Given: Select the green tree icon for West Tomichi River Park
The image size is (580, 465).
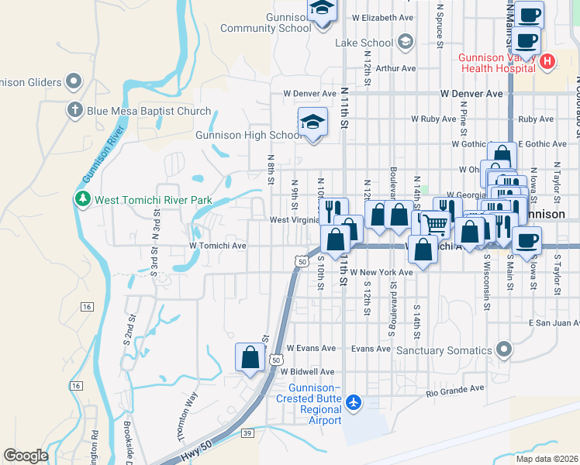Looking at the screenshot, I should [83, 199].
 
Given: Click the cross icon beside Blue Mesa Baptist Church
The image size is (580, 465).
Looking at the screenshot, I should [74, 111].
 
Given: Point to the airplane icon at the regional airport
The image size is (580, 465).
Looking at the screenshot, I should [354, 402].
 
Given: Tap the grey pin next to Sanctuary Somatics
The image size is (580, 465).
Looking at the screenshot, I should [505, 350].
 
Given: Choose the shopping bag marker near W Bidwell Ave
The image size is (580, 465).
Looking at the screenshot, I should [250, 358].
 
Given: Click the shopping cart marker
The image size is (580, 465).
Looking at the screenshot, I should [437, 223].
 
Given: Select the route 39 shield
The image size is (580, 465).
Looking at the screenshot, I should [247, 432].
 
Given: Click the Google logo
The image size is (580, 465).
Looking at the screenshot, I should [26, 456].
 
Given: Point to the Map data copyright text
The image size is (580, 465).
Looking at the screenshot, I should [546, 459].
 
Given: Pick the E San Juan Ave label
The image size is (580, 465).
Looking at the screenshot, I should [554, 322].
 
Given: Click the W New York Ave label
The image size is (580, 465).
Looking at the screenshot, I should [381, 273].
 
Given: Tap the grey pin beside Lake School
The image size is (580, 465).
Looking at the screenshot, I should [404, 41].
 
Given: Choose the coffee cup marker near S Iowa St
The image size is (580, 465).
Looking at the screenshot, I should [526, 241].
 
